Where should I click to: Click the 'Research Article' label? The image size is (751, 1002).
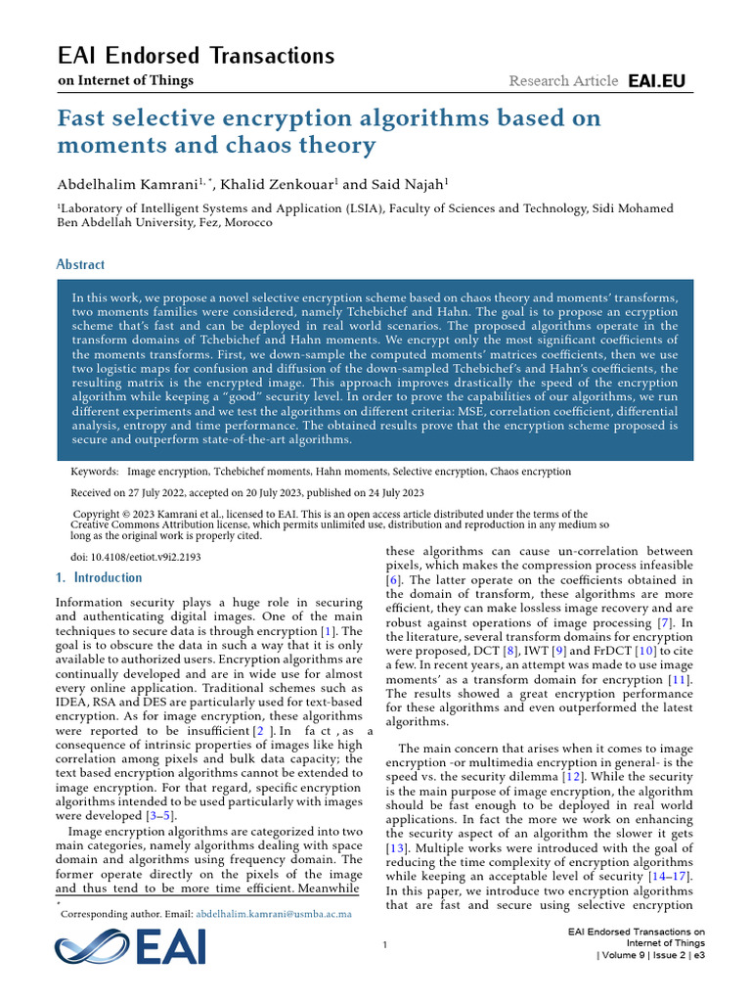point(563,81)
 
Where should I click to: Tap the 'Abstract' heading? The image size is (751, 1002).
point(80,264)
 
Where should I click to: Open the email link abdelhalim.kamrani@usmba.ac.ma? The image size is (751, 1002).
point(274,913)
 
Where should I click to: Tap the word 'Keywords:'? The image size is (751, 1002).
point(95,472)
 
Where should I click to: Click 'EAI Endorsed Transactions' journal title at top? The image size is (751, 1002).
point(197,56)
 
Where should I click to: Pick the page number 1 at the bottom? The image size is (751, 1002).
point(385,944)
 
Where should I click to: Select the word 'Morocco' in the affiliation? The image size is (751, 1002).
point(246,222)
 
